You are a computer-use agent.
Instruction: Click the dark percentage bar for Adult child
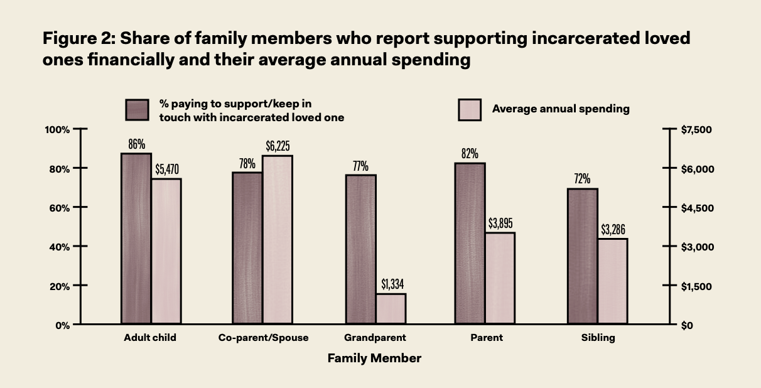136,239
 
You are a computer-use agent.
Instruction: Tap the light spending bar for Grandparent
391,309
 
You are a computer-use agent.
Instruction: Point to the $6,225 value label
278,147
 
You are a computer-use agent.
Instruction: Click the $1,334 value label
392,284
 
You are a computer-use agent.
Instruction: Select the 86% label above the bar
136,144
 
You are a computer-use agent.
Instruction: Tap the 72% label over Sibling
581,180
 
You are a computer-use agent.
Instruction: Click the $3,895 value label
500,224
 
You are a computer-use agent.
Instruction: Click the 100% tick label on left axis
57,129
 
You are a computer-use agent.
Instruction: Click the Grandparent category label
375,338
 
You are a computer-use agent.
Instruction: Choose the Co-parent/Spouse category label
263,338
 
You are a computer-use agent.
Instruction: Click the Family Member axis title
374,358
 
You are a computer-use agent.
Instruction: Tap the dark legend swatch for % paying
137,110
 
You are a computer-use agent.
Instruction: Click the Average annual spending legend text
560,109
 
